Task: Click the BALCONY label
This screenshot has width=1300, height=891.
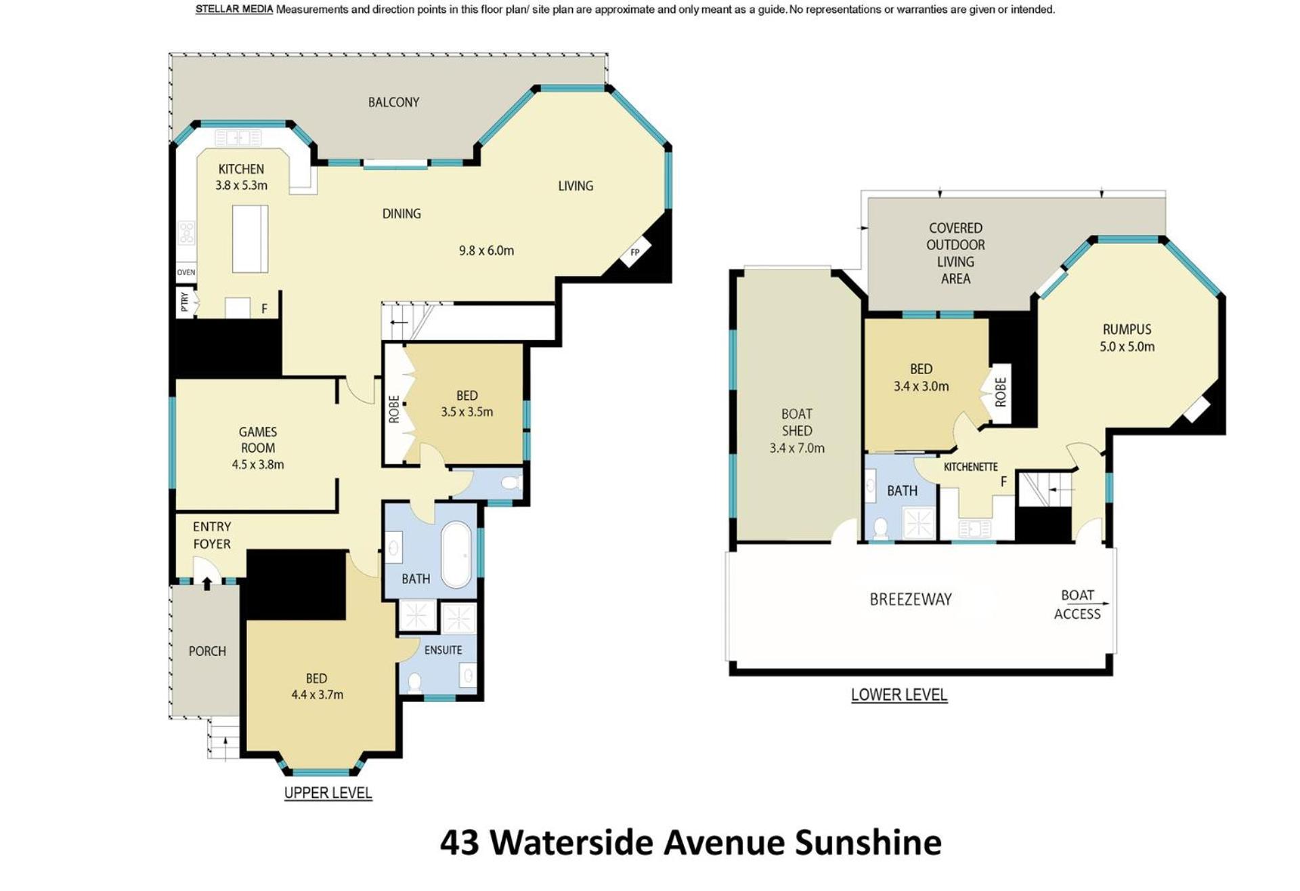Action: coord(393,102)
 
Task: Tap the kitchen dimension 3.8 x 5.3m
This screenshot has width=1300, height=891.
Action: coord(241,185)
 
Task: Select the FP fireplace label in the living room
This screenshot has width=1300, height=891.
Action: coord(635,252)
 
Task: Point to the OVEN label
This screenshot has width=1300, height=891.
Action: coord(186,272)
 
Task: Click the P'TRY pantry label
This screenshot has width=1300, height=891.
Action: coord(185,302)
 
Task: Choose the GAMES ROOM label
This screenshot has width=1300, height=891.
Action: coord(258,440)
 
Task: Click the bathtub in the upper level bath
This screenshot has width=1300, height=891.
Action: coord(456,554)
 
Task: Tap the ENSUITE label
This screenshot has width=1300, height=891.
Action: coord(443,650)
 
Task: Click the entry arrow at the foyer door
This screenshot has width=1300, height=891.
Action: coord(207,583)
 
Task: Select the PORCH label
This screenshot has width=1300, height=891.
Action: coord(207,651)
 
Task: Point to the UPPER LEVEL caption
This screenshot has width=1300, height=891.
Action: coord(328,793)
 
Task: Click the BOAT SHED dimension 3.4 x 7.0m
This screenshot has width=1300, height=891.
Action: coord(797,448)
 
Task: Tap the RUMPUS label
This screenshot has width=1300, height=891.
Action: coord(1127,329)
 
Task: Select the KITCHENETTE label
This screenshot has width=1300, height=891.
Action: coord(970,467)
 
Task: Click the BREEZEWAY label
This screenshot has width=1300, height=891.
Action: coord(911,599)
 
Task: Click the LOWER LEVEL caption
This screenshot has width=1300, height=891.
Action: coord(899,695)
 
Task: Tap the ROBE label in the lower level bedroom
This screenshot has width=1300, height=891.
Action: coord(1001,392)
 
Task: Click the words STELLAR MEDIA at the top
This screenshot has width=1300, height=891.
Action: coord(234,9)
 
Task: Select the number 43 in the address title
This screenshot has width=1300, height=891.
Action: coord(460,842)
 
